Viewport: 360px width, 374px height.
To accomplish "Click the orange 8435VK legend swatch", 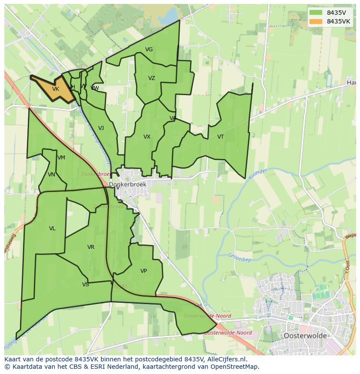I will click(x=316, y=21).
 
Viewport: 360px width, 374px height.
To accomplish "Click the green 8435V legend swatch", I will click(x=316, y=13).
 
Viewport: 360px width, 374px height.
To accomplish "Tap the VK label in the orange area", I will click(x=55, y=89).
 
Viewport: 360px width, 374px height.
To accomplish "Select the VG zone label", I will click(x=149, y=50).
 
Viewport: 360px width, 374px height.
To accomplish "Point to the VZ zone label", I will click(x=151, y=78).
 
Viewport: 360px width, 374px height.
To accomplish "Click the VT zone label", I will click(x=220, y=137).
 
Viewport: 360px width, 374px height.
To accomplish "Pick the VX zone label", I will click(x=147, y=137).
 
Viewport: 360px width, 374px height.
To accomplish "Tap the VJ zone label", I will click(x=101, y=128).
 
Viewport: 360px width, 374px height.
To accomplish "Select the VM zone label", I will click(x=61, y=158).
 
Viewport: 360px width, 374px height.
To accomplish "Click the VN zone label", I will click(x=51, y=175).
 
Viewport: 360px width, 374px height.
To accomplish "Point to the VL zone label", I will click(x=52, y=228).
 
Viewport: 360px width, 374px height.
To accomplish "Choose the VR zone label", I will click(x=90, y=247).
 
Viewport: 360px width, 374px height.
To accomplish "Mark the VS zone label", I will click(x=85, y=285).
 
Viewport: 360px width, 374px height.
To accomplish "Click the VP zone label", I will click(x=143, y=271).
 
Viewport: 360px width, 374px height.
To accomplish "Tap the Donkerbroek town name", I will click(x=127, y=184).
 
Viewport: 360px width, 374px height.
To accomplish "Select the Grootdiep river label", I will click(x=240, y=258).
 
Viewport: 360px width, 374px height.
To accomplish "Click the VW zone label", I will click(x=95, y=88).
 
